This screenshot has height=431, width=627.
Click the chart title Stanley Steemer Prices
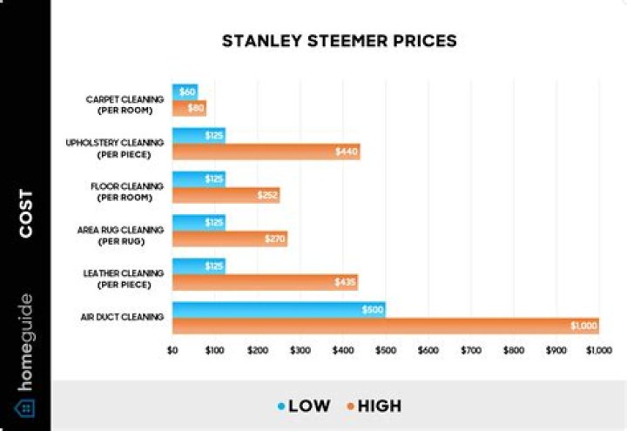[x=339, y=41]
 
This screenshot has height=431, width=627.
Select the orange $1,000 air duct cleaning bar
[x=385, y=326]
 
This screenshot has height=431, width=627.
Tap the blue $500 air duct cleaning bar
[x=279, y=309]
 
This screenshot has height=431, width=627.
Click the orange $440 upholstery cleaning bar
[x=266, y=152]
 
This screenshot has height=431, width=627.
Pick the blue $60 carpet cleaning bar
[x=185, y=91]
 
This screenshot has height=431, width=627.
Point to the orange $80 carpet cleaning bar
[x=189, y=108]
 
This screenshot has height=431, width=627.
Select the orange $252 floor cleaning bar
[x=226, y=195]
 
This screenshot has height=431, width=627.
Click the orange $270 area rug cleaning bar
[x=229, y=239]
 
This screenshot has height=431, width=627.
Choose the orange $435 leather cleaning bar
[x=265, y=282]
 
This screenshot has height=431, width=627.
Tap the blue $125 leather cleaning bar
[x=199, y=266]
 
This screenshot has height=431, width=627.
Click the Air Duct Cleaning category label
[x=121, y=317]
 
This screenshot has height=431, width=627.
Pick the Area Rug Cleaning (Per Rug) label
[x=121, y=234]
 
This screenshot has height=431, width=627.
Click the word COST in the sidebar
[x=25, y=213]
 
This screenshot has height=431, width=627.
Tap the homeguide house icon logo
[x=24, y=408]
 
